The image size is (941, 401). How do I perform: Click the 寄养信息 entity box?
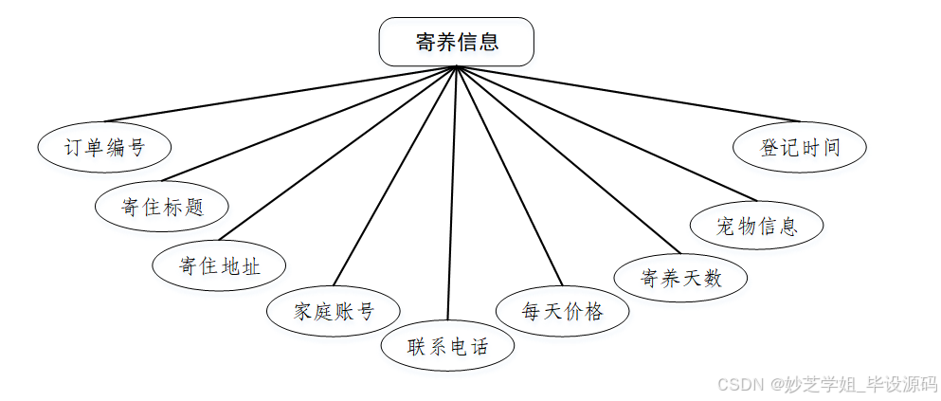click(x=456, y=43)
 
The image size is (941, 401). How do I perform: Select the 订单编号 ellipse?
click(x=104, y=148)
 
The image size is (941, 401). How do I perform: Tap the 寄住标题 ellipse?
click(x=162, y=207)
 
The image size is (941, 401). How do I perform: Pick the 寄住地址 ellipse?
click(x=219, y=265)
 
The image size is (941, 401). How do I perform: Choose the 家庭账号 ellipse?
click(x=334, y=311)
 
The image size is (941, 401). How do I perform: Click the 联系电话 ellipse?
click(x=447, y=346)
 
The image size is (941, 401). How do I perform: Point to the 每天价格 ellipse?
click(x=562, y=311)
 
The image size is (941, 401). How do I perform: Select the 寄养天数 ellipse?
click(x=680, y=278)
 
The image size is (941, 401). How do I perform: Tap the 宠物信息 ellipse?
click(x=756, y=227)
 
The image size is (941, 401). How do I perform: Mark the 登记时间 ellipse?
click(x=801, y=148)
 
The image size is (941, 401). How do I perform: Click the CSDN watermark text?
click(x=826, y=384)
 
